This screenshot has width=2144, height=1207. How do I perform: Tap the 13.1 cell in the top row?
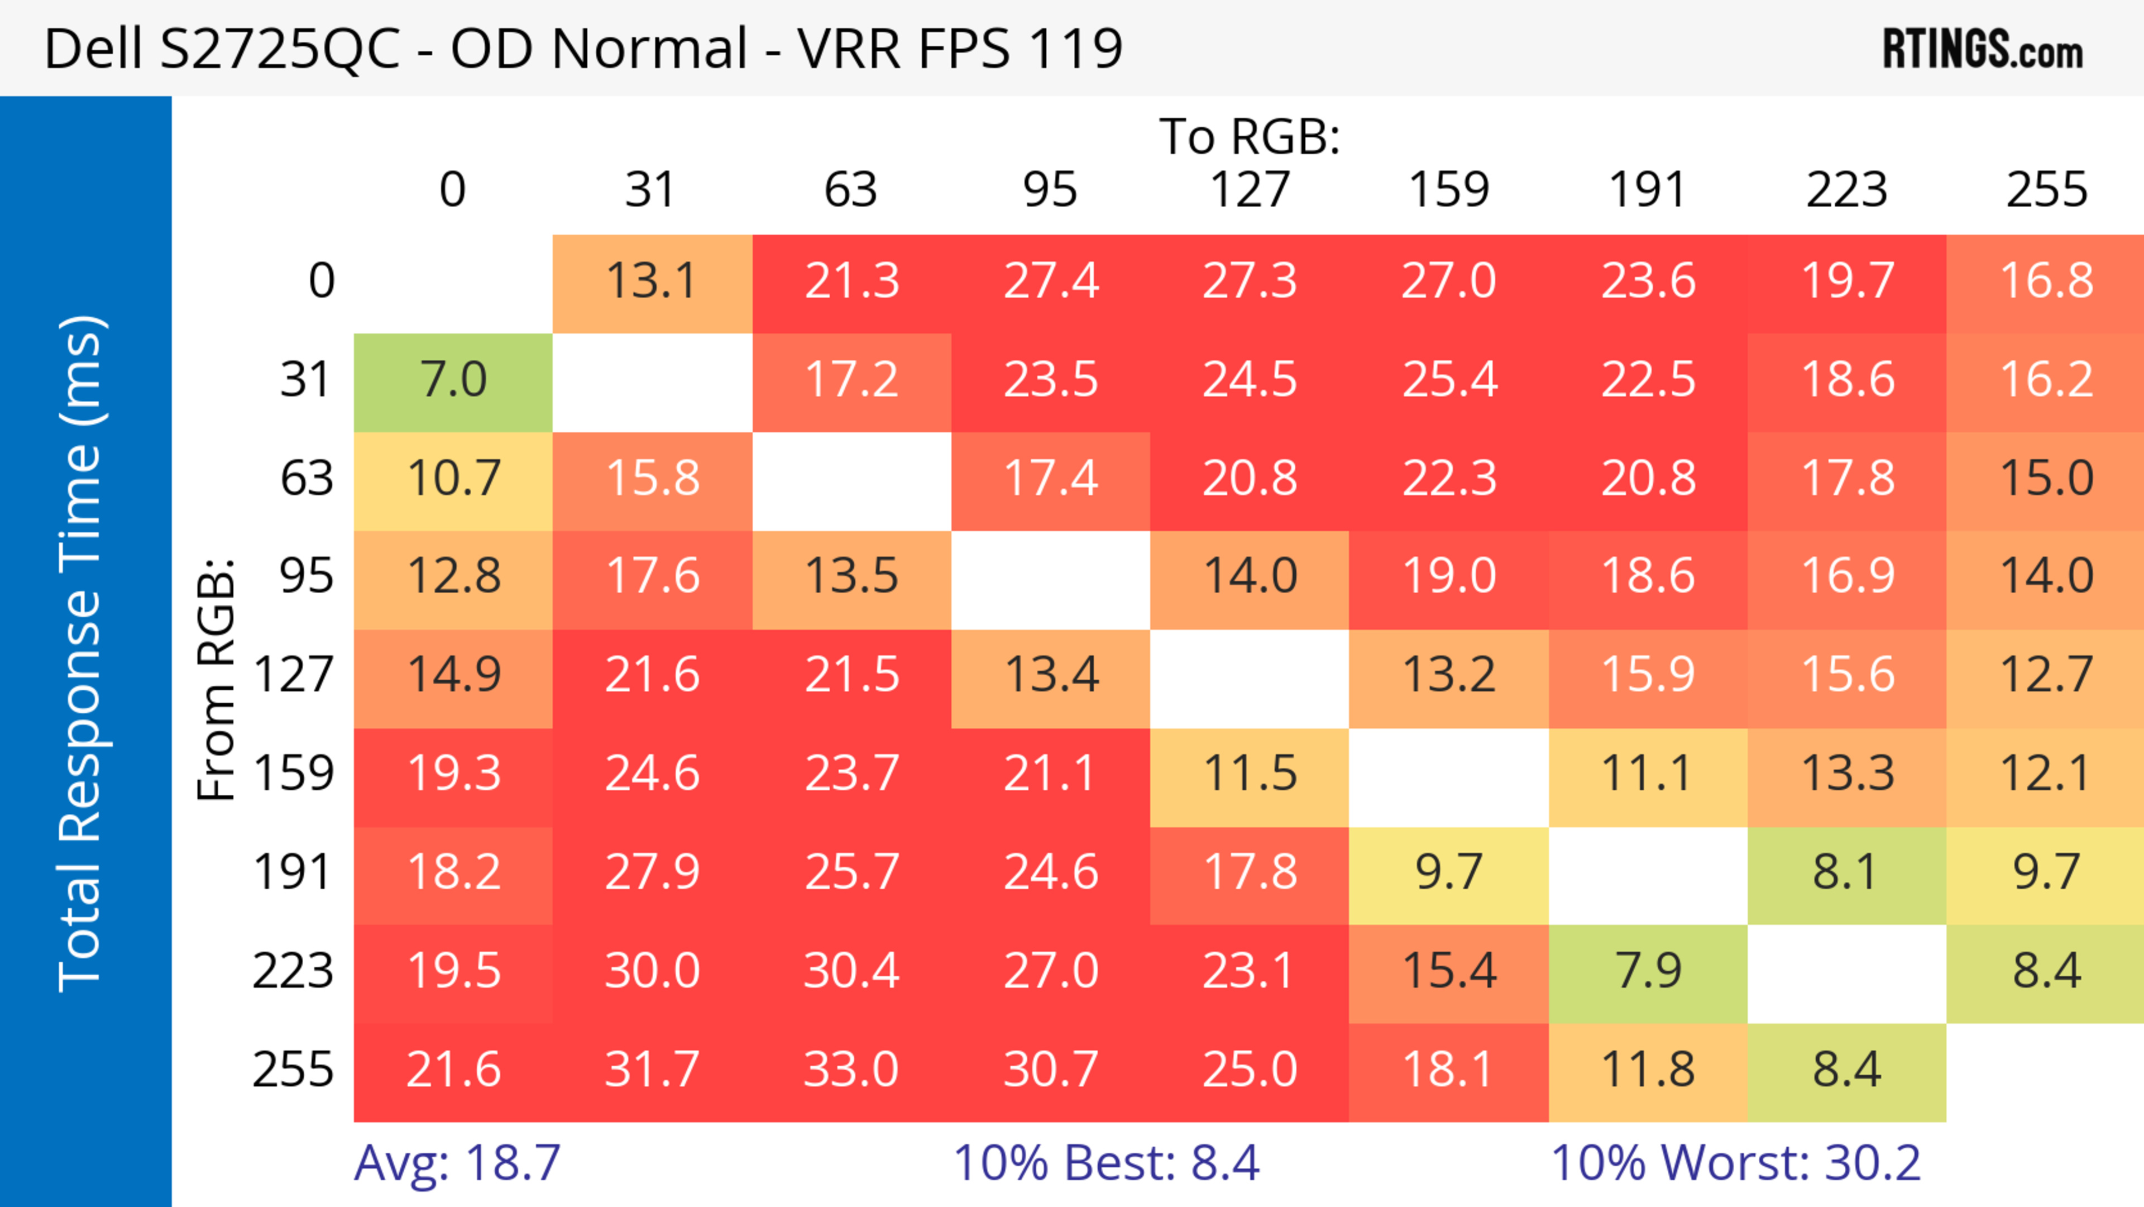point(652,282)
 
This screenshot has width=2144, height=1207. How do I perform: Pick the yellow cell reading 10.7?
point(453,479)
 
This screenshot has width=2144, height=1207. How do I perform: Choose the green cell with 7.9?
point(1648,971)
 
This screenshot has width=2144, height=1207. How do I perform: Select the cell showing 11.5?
point(1250,774)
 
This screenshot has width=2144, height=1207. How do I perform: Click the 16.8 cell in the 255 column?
point(2046,282)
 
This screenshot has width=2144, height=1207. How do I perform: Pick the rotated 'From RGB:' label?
point(217,679)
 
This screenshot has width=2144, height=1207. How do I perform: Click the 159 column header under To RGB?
point(1449,190)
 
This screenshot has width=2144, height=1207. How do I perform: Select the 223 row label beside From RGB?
point(293,971)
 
